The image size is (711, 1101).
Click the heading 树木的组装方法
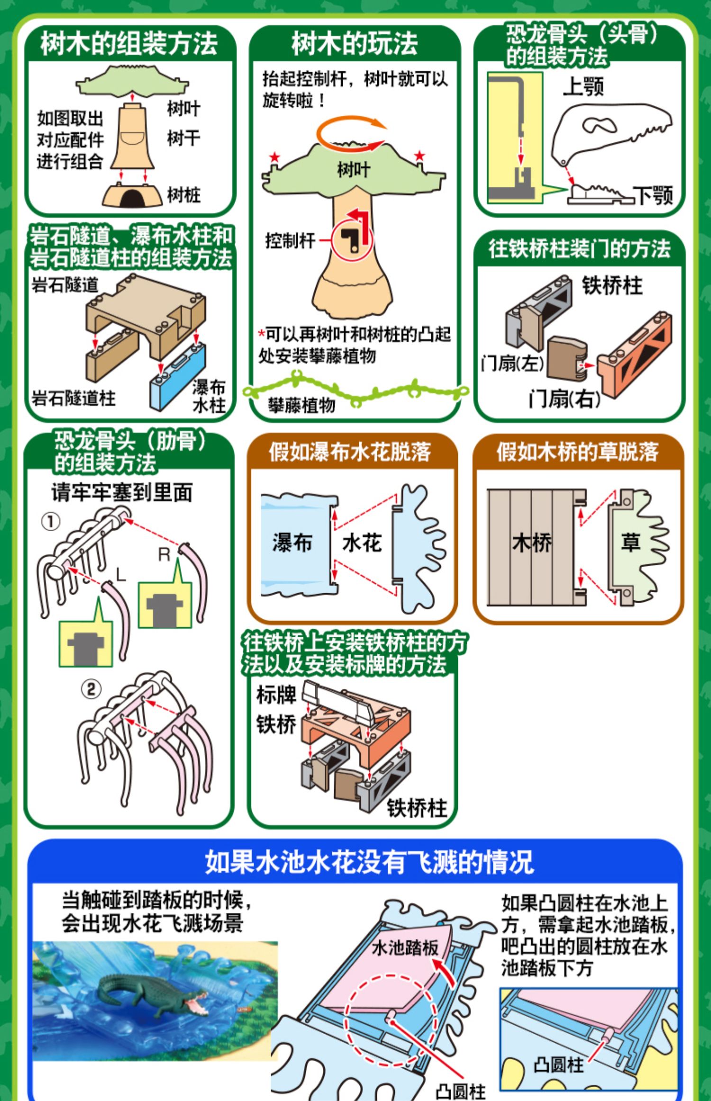pyautogui.click(x=129, y=44)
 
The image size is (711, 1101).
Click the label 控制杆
pyautogui.click(x=290, y=241)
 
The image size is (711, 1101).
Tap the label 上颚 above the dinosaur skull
pyautogui.click(x=583, y=87)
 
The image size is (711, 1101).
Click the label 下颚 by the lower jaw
pyautogui.click(x=654, y=194)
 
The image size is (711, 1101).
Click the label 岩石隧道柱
pyautogui.click(x=73, y=398)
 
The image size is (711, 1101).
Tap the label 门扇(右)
pyautogui.click(x=564, y=399)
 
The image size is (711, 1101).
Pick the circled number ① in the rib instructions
pyautogui.click(x=51, y=522)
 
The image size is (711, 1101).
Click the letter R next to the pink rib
pyautogui.click(x=164, y=555)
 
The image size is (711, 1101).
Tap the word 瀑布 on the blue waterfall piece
pyautogui.click(x=292, y=542)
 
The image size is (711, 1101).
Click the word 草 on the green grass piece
pyautogui.click(x=630, y=542)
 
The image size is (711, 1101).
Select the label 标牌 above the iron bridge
pyautogui.click(x=276, y=695)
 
